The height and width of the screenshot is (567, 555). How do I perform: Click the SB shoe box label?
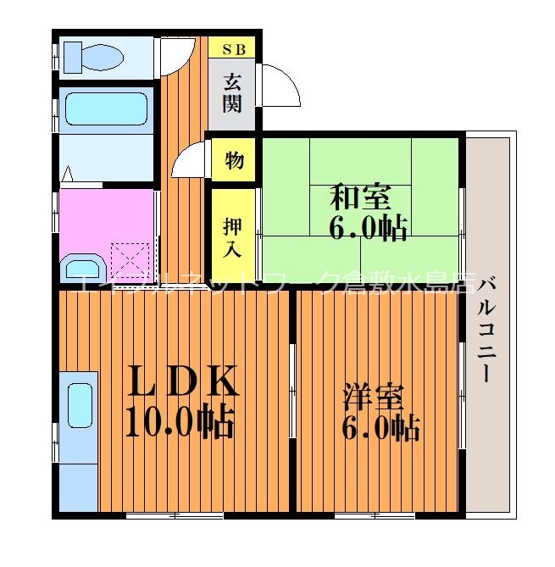click(233, 48)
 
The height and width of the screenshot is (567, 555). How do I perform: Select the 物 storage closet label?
click(234, 159)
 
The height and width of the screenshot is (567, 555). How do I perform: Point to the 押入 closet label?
click(233, 236)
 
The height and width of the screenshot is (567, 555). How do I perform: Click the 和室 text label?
click(360, 198)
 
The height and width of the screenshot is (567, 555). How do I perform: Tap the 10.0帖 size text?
click(179, 422)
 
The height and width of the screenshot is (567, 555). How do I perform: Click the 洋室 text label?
click(374, 397)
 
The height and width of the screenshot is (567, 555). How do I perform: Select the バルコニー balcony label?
click(486, 331)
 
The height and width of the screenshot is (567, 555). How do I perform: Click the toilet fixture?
click(92, 57)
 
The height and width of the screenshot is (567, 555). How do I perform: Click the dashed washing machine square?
click(132, 259)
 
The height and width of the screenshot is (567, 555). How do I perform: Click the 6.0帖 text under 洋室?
click(380, 429)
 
